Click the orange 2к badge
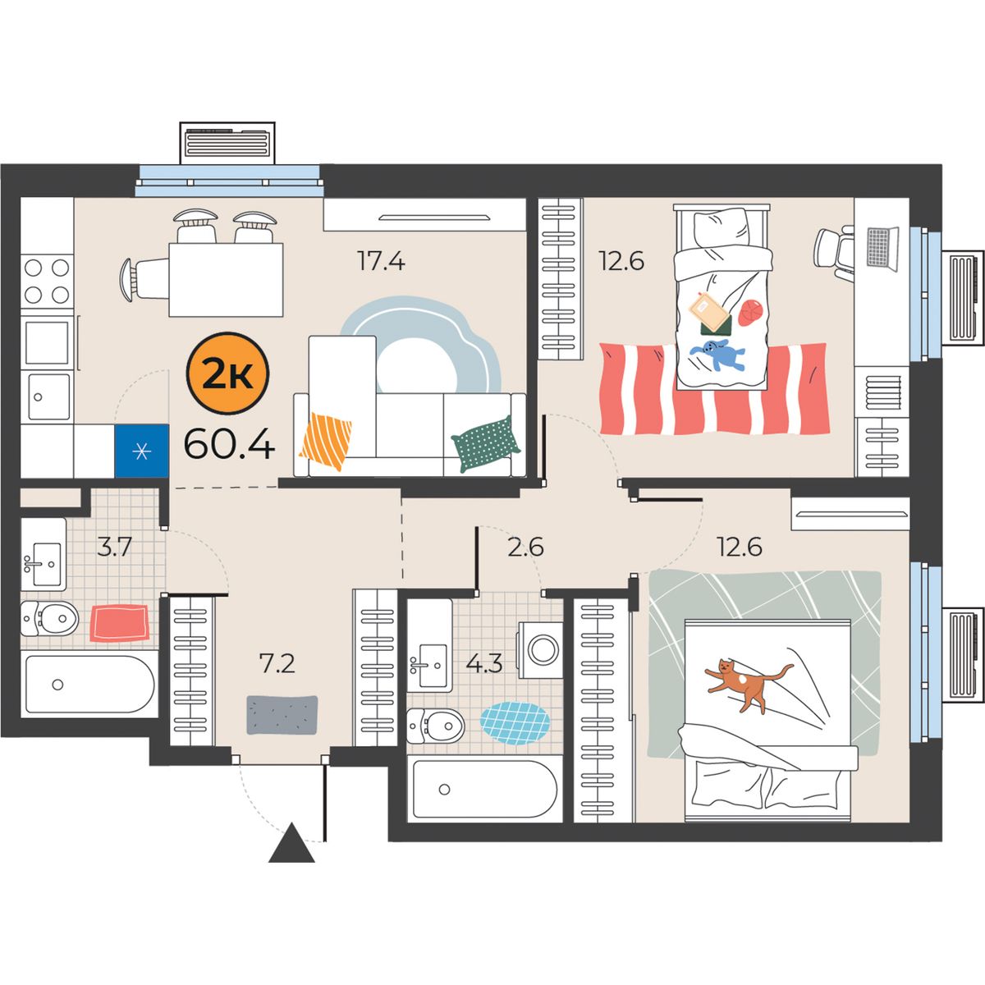coord(228,373)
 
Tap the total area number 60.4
coord(229,444)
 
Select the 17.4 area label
coord(381,261)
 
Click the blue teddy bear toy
coord(717,353)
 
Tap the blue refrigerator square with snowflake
coord(141,451)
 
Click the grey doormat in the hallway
coord(282,715)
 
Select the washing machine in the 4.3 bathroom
coord(540,649)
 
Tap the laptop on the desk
coord(882,249)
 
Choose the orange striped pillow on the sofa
coord(326,441)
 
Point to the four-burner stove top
coord(47,281)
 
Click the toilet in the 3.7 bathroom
coord(49,618)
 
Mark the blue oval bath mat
coord(515,723)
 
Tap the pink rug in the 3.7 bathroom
coord(120,622)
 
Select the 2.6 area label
coord(525,547)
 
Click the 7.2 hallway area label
coord(277,663)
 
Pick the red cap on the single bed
coord(750,312)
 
